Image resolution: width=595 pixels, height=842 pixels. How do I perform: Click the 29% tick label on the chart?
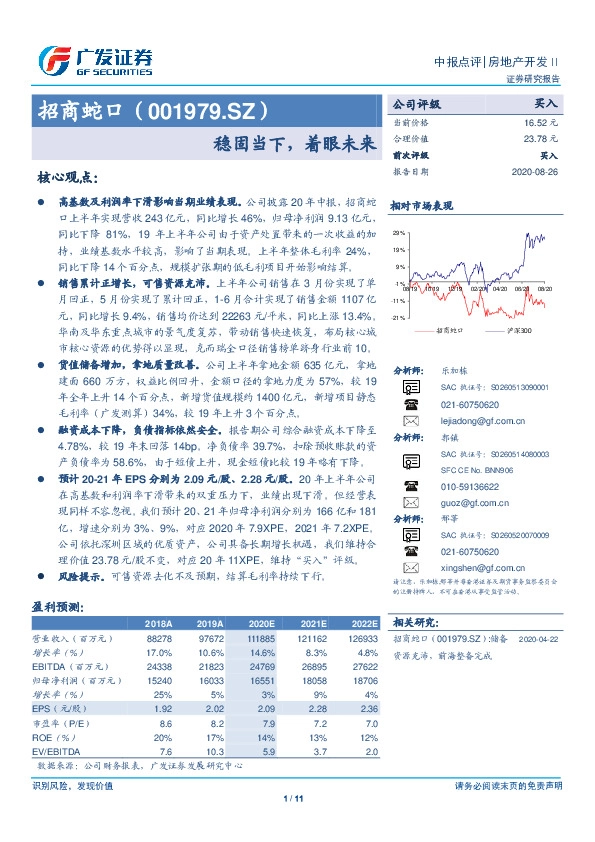[399, 231]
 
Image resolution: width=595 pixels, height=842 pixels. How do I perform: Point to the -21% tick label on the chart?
[398, 317]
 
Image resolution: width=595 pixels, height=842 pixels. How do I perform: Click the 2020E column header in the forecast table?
[270, 622]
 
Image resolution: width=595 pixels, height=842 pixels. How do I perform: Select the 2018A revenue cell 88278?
[173, 636]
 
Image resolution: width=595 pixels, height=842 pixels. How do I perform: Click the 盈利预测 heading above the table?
[57, 607]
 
